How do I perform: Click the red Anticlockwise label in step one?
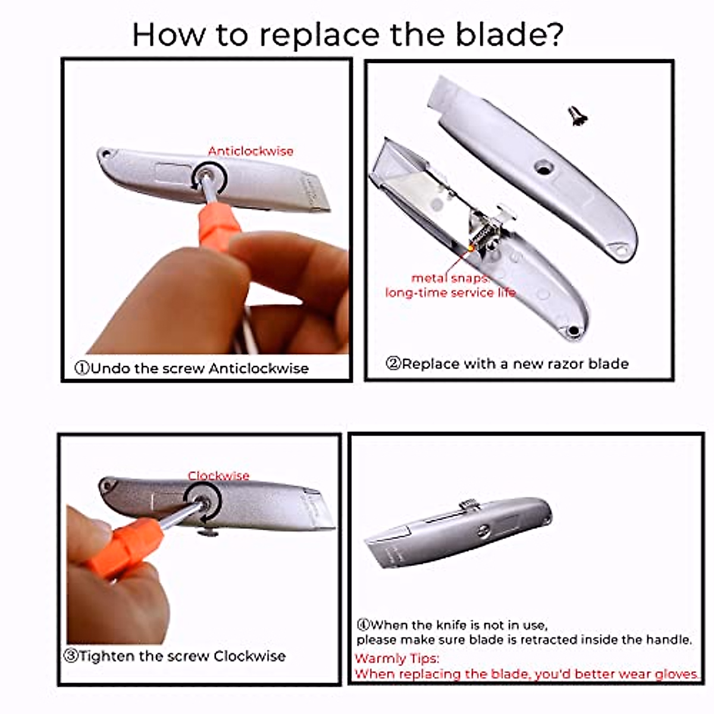coord(250,151)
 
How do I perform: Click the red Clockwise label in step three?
coord(218,475)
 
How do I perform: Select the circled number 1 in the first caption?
coord(82,368)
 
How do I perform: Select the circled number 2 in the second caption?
coord(393,364)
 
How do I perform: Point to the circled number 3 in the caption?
coord(71,656)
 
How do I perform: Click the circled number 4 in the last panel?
coord(363,625)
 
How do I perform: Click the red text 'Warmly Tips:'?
coord(397,659)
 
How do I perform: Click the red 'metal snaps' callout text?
coord(450,278)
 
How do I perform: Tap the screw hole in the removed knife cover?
coord(542,168)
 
